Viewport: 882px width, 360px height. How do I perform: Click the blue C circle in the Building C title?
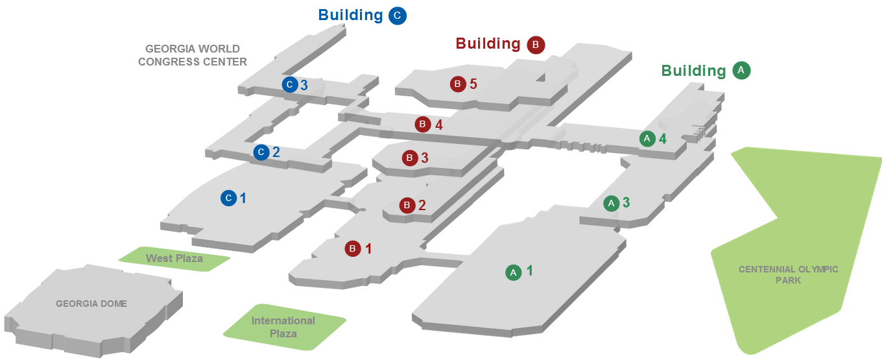coord(398,16)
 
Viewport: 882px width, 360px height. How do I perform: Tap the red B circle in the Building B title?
coord(536,45)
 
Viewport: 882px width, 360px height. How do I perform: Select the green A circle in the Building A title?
coord(741,71)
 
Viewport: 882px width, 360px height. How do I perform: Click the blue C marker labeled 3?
coord(290,84)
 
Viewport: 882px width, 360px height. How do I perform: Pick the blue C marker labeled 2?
coord(261,152)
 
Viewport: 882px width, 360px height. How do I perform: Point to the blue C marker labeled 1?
coord(228,198)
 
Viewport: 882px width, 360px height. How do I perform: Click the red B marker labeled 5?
coord(458,84)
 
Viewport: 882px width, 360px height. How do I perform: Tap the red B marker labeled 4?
coord(423,124)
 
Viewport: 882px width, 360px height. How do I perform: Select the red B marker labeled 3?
coord(409,158)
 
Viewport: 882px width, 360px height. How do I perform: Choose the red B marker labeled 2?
coord(407,206)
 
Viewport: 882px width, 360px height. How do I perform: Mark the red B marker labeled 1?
coord(352,248)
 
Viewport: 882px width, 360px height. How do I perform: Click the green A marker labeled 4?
coord(647,139)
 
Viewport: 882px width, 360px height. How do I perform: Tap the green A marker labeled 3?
coord(610,203)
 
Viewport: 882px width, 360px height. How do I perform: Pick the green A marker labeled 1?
coord(513,272)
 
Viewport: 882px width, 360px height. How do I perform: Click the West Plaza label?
coord(174,258)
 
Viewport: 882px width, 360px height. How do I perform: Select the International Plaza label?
coord(283,327)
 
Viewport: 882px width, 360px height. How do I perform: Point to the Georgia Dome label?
coord(91,304)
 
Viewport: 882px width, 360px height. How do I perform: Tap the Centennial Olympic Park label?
coord(788,274)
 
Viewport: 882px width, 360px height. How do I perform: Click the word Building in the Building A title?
coord(693,71)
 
